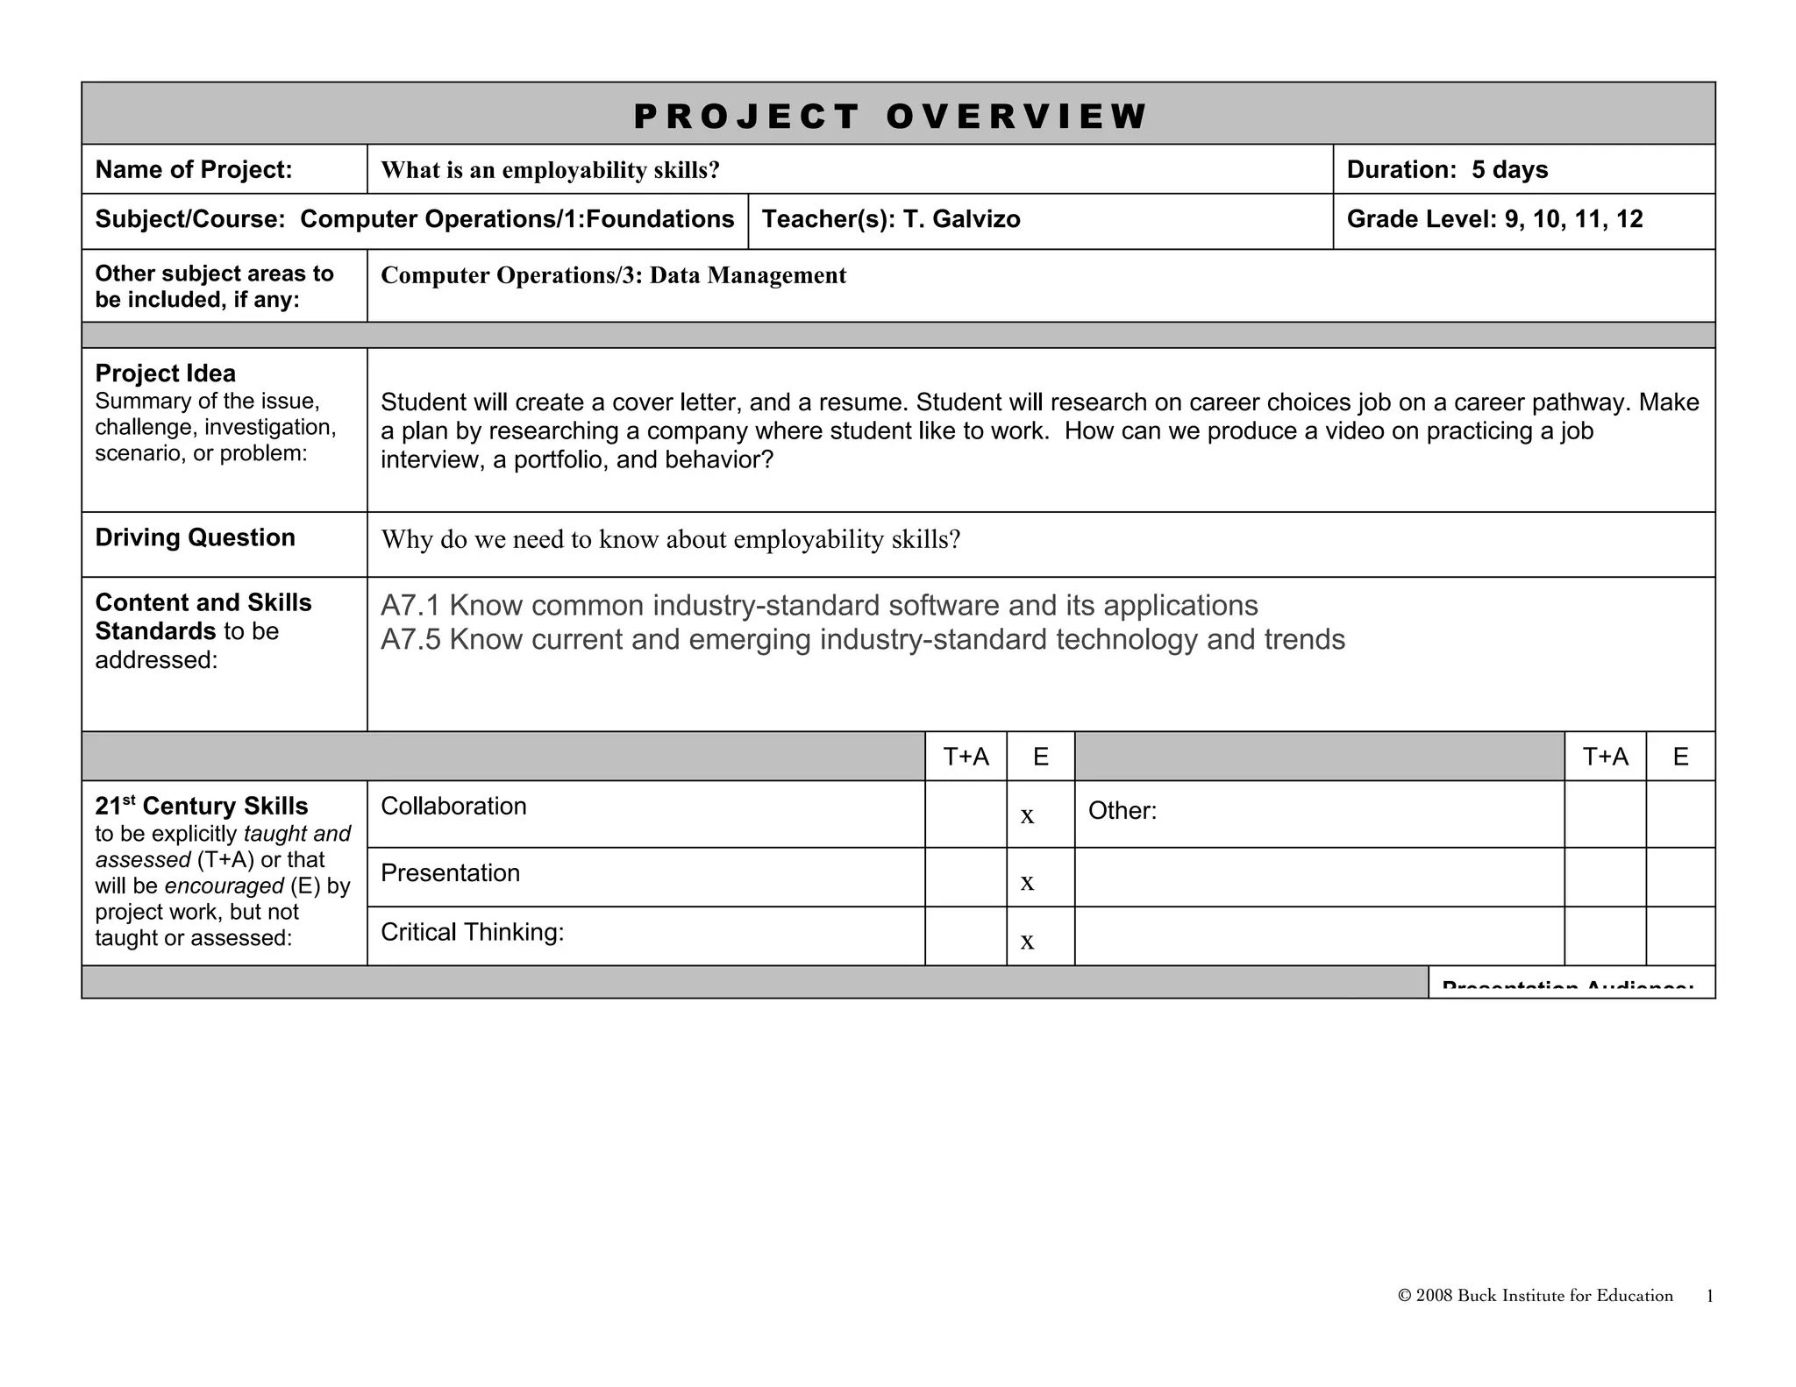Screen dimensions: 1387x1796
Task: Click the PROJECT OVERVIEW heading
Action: pyautogui.click(x=889, y=117)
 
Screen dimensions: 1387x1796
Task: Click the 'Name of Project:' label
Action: pyautogui.click(x=194, y=169)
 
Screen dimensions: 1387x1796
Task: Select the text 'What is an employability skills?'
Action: pyautogui.click(x=550, y=170)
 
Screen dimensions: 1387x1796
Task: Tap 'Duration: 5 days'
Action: pyautogui.click(x=1447, y=169)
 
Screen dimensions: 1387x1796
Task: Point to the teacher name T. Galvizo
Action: pyautogui.click(x=961, y=219)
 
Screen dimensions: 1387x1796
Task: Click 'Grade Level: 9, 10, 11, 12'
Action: pyautogui.click(x=1494, y=219)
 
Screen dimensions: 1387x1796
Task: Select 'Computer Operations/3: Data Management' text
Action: pyautogui.click(x=613, y=275)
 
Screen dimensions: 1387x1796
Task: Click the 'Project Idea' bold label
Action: pyautogui.click(x=165, y=373)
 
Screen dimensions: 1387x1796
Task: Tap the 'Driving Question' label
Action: pyautogui.click(x=195, y=537)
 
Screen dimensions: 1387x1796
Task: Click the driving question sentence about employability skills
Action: pyautogui.click(x=671, y=540)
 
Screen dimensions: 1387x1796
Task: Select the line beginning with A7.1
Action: pyautogui.click(x=819, y=606)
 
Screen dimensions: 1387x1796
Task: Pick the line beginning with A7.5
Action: pyautogui.click(x=862, y=640)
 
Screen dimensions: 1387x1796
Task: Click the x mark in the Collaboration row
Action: pyautogui.click(x=1027, y=816)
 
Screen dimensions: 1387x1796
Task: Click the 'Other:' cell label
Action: pyautogui.click(x=1122, y=811)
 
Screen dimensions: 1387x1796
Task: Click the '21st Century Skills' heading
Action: pyautogui.click(x=202, y=807)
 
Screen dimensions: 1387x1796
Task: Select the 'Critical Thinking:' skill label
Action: pyautogui.click(x=472, y=932)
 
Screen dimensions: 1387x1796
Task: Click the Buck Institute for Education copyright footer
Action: pyautogui.click(x=1535, y=1296)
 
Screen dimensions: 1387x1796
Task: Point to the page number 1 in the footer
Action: pyautogui.click(x=1710, y=1297)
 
